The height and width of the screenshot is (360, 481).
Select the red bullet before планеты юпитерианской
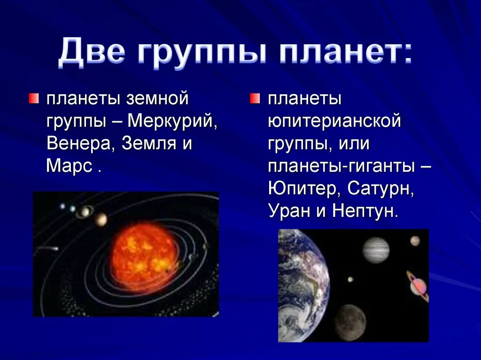pyautogui.click(x=254, y=98)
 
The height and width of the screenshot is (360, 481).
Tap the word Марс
pyautogui.click(x=69, y=166)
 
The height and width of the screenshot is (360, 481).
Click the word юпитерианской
pyautogui.click(x=334, y=122)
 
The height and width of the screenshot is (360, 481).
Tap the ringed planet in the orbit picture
pyautogui.click(x=85, y=212)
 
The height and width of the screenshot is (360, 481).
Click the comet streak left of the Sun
pyautogui.click(x=47, y=248)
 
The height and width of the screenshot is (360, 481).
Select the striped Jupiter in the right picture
pyautogui.click(x=376, y=250)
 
